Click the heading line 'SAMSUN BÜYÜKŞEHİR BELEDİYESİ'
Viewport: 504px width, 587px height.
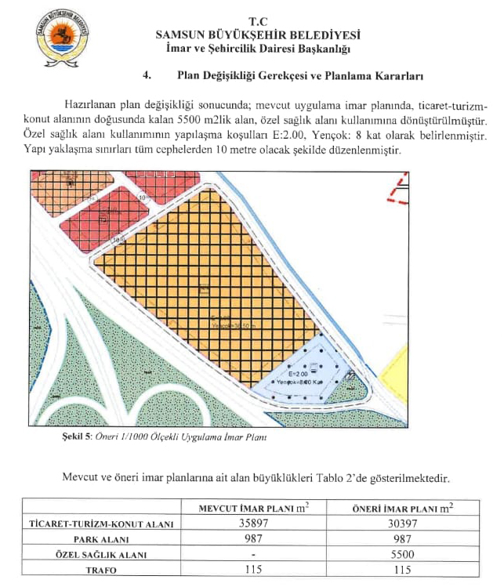(258, 34)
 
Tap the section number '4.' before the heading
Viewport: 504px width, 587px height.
(146, 77)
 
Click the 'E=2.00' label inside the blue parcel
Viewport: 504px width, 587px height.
(300, 375)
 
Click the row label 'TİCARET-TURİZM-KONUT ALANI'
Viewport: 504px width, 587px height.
(101, 524)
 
